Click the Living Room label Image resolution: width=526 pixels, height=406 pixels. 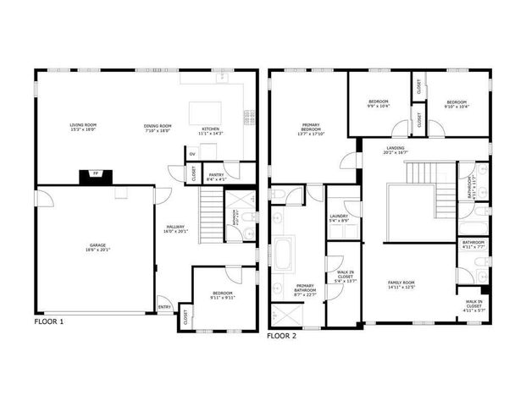pos(82,128)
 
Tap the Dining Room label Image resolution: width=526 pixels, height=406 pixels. pos(158,128)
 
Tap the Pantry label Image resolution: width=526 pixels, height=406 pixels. pos(216,176)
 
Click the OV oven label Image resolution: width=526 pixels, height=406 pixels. pos(192,154)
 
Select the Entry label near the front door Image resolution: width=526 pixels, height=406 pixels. pos(164,307)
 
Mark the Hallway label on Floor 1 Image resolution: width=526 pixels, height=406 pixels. pos(175,228)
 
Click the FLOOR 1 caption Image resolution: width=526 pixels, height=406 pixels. pos(48,322)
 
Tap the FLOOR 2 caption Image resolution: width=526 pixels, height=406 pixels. pos(281,336)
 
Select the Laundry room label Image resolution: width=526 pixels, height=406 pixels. pos(339,217)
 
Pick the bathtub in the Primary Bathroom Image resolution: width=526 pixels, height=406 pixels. pos(285,254)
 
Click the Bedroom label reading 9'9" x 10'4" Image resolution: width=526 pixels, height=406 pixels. pos(377,101)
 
